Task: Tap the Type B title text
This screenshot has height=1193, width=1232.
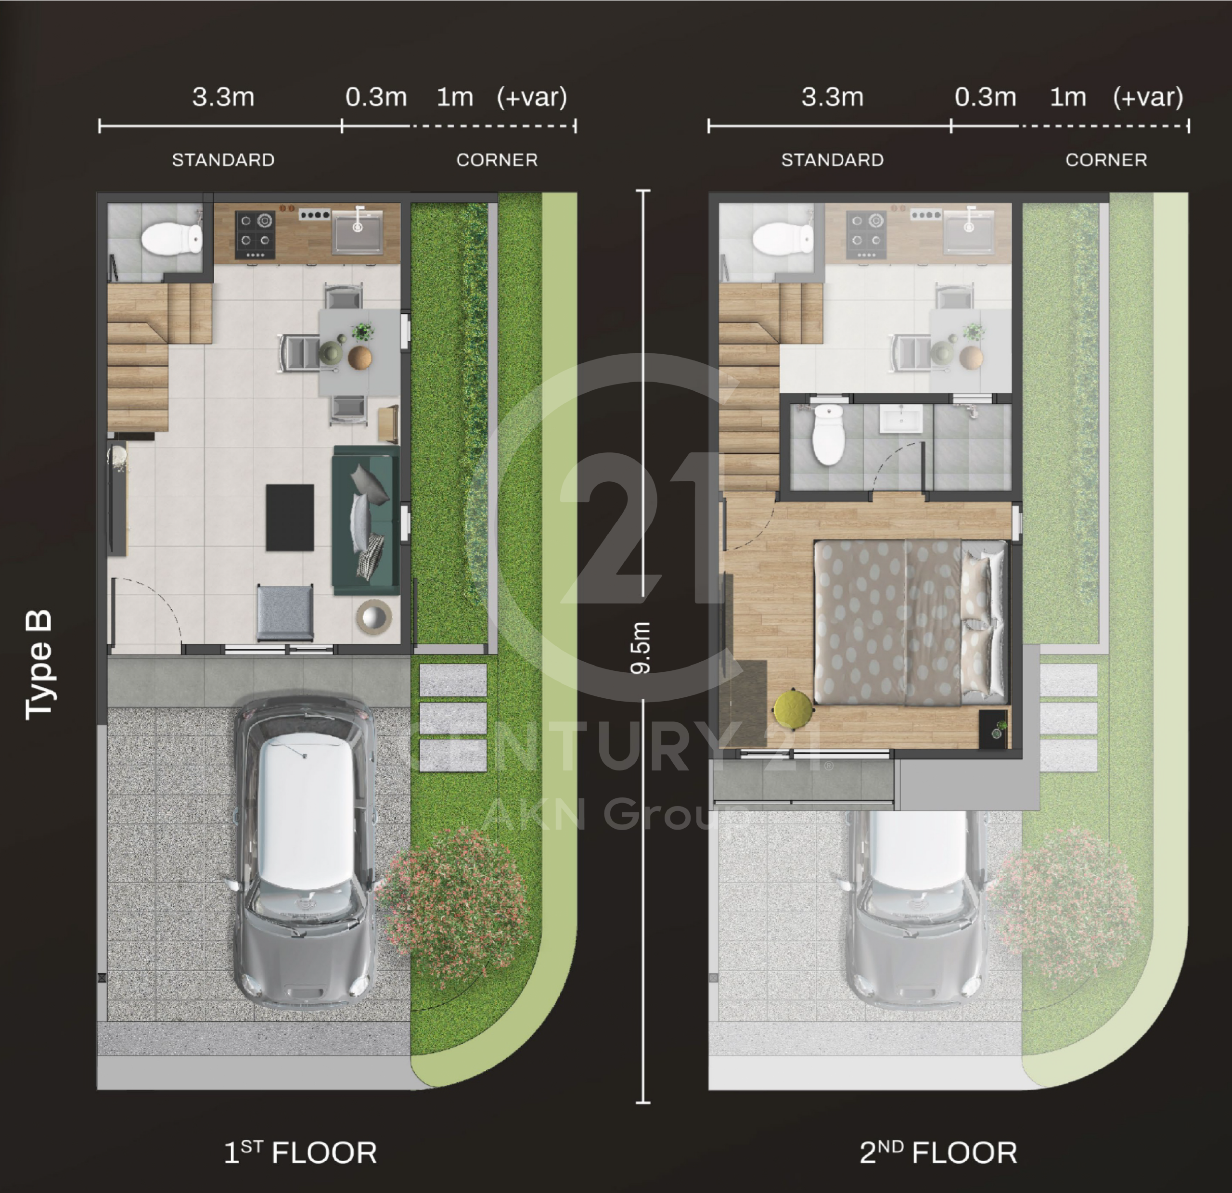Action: (x=38, y=665)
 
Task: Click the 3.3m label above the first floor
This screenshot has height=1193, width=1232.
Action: (x=223, y=97)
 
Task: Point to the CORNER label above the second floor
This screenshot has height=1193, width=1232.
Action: (x=1106, y=160)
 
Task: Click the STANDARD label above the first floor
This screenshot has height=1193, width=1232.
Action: (x=223, y=160)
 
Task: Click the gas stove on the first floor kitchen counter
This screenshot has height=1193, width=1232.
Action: (x=255, y=235)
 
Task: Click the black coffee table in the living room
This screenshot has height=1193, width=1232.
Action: (x=290, y=517)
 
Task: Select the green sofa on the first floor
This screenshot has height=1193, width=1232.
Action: (x=365, y=520)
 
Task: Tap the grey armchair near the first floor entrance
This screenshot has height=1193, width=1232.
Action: (x=285, y=612)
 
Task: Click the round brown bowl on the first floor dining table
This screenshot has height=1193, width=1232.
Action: (x=359, y=358)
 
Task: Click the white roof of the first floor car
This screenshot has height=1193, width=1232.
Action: (x=306, y=811)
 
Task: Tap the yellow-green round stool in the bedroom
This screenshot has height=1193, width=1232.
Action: (x=793, y=711)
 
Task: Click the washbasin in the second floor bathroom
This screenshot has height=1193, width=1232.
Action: (x=901, y=419)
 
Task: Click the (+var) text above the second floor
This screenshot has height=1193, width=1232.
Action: (x=1148, y=97)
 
